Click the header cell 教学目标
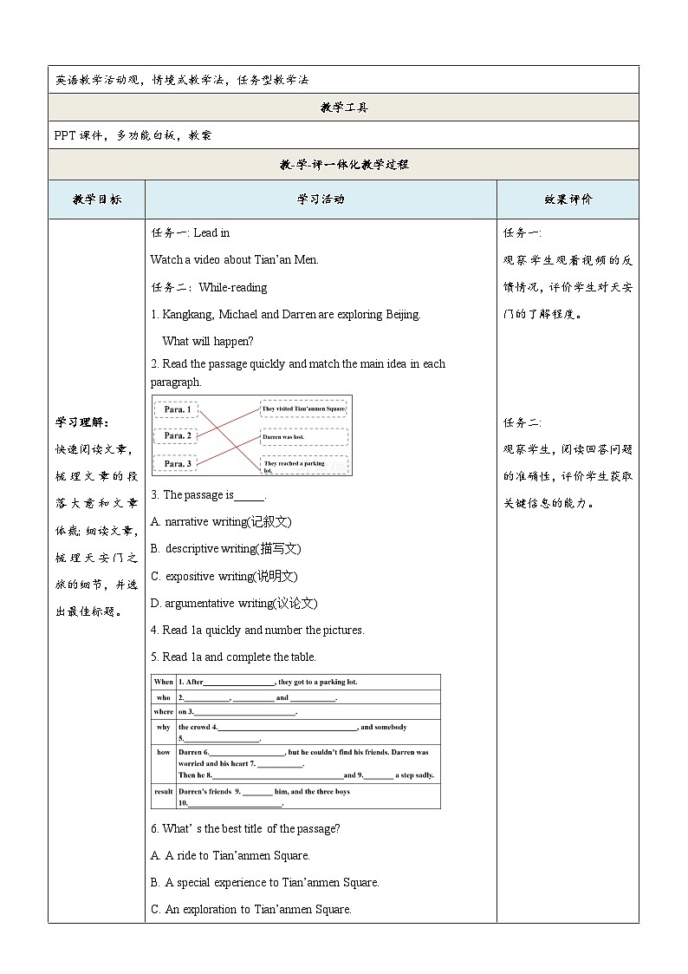point(97,199)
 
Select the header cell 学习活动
point(321,199)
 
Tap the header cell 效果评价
point(568,199)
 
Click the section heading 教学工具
point(343,108)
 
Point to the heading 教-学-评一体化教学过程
point(343,164)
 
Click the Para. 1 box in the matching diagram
point(176,409)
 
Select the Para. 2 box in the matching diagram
point(176,435)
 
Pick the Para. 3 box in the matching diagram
point(176,464)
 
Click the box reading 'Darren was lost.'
point(303,437)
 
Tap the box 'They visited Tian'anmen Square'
point(303,408)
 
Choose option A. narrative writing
point(221,522)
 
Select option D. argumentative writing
point(234,603)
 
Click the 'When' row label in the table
point(163,683)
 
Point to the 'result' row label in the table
point(163,792)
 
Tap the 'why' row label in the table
point(163,728)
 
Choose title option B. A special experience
point(265,883)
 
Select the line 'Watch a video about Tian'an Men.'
point(235,259)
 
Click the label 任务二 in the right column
point(522,422)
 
